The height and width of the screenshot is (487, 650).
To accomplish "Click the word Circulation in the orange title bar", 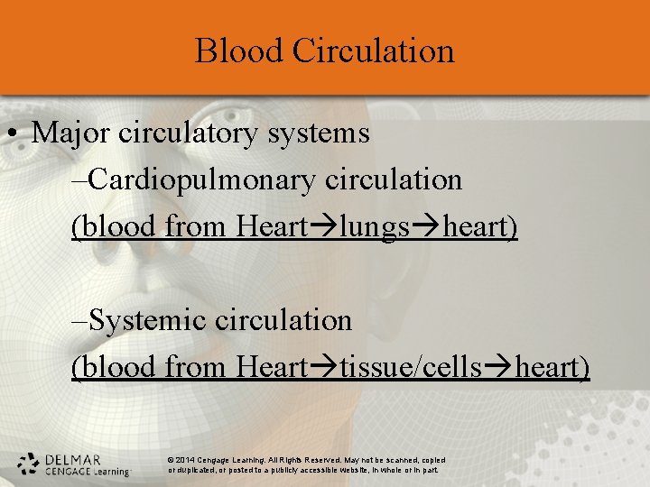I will [373, 51].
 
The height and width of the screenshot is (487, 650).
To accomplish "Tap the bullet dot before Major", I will [12, 134].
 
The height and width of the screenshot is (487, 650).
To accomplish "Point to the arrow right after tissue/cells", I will [497, 368].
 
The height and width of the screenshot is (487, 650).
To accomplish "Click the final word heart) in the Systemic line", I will [552, 368].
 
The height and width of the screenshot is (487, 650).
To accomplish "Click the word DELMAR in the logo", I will [72, 458].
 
